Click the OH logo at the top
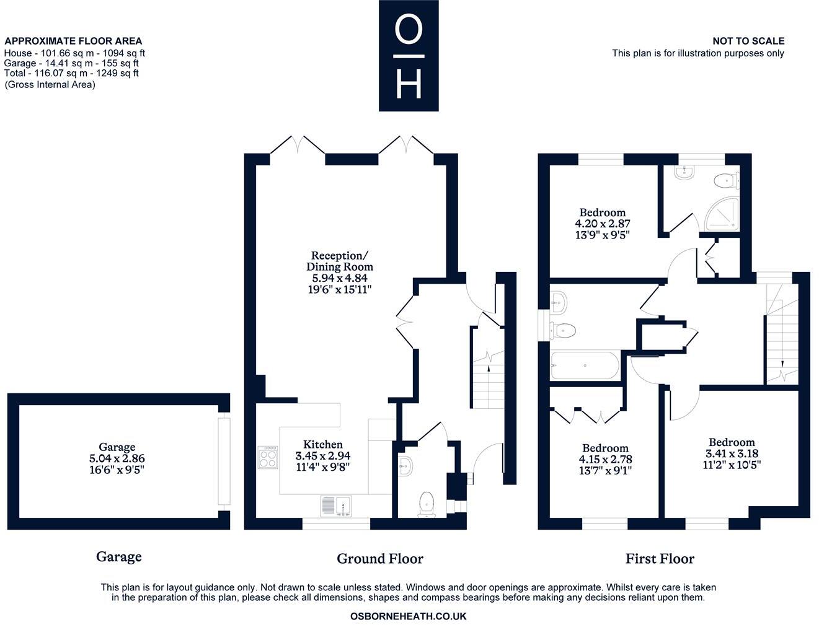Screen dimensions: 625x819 409,56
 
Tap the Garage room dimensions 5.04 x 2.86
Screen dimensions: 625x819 117,458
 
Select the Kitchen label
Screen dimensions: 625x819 323,444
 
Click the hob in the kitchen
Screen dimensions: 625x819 268,457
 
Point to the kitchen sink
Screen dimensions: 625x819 335,506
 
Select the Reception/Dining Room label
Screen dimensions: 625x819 340,261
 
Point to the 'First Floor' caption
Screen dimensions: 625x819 660,559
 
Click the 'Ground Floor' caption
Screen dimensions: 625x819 379,559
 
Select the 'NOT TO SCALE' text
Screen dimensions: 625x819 748,42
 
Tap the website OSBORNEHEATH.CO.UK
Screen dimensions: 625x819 408,616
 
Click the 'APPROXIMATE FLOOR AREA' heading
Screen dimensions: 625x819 73,42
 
